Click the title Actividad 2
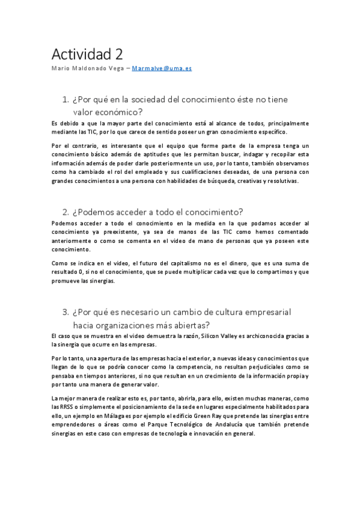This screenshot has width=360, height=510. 87,54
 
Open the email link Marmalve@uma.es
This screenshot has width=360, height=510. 167,69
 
